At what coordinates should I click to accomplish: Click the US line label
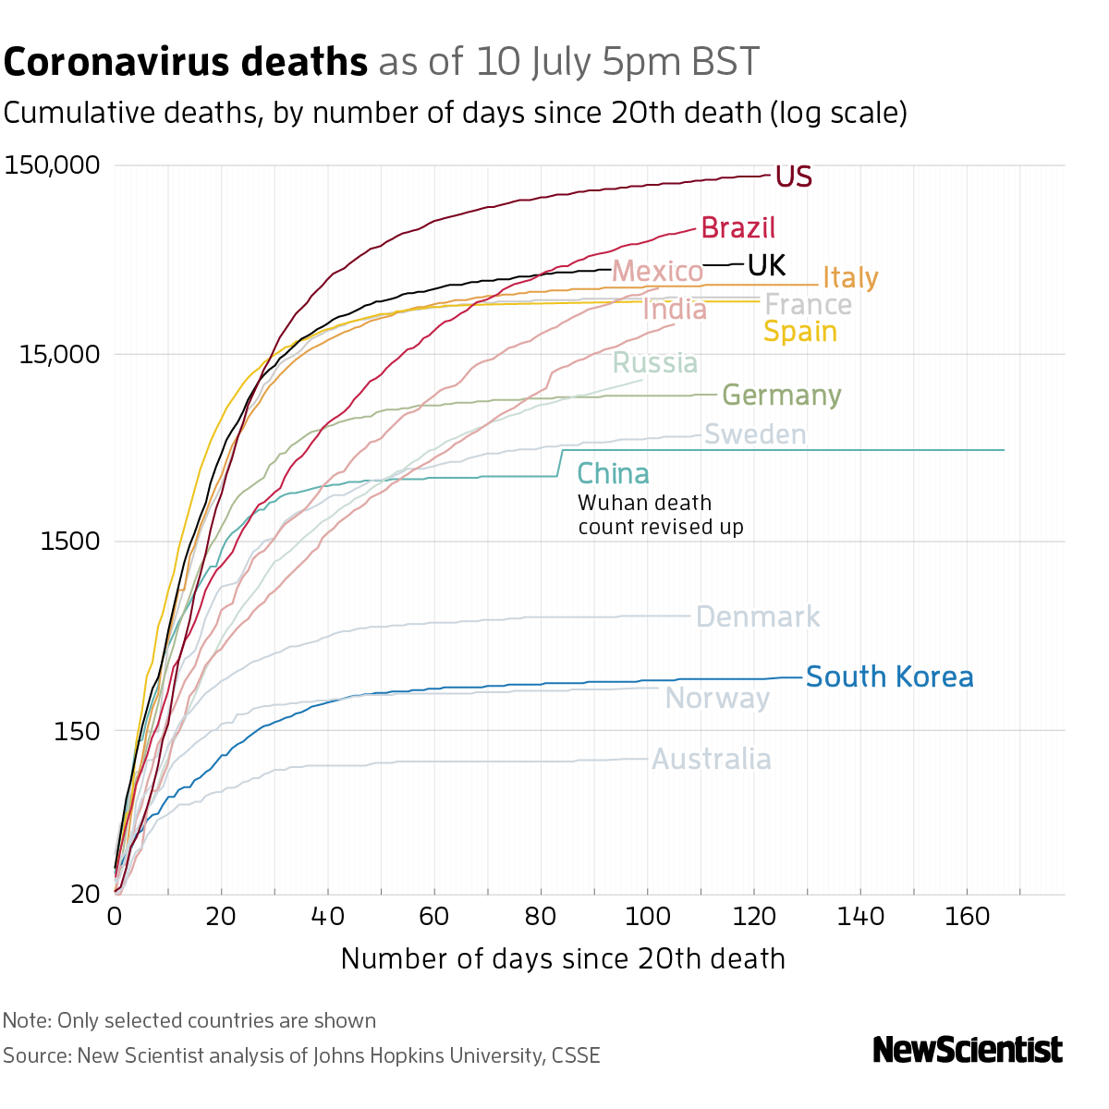[x=793, y=177]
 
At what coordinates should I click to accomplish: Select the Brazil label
[x=737, y=227]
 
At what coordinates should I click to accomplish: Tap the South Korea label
[x=889, y=677]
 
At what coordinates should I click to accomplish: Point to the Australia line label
[x=712, y=760]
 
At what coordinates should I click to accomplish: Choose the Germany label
[x=781, y=396]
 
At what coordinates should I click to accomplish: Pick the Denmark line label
[x=758, y=617]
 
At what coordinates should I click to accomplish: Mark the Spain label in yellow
[x=800, y=332]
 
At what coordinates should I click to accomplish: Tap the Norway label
[x=717, y=699]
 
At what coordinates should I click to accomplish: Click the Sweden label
[x=755, y=434]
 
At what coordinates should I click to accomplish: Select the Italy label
[x=850, y=278]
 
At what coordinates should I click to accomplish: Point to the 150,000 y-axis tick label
[x=52, y=166]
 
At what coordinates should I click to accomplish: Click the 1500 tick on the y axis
[x=70, y=542]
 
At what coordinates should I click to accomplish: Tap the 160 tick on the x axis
[x=967, y=918]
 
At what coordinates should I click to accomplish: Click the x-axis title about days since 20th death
[x=563, y=959]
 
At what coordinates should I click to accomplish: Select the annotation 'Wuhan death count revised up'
[x=660, y=516]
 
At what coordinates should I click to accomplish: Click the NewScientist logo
[x=968, y=1050]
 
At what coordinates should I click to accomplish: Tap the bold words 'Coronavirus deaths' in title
[x=186, y=63]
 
